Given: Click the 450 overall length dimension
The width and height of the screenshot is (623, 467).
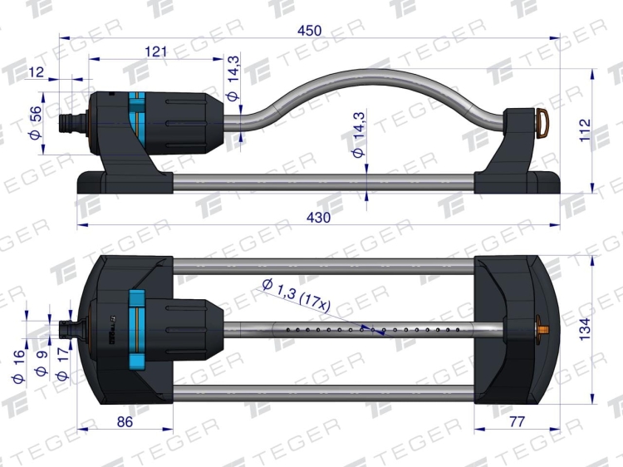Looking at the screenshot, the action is pyautogui.click(x=310, y=31).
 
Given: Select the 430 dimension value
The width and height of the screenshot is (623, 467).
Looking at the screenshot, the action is pyautogui.click(x=319, y=218).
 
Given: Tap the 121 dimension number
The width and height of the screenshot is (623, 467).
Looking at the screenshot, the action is pyautogui.click(x=156, y=52).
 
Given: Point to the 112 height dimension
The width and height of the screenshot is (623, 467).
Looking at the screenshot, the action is pyautogui.click(x=586, y=130).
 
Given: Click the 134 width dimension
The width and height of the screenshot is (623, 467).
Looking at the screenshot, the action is pyautogui.click(x=586, y=329).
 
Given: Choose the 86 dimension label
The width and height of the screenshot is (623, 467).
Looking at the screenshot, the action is pyautogui.click(x=125, y=422).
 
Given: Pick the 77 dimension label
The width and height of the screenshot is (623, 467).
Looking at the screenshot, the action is pyautogui.click(x=517, y=421).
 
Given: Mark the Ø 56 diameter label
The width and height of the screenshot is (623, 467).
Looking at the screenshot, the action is pyautogui.click(x=35, y=123).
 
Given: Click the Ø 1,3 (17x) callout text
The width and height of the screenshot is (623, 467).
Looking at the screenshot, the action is pyautogui.click(x=297, y=295).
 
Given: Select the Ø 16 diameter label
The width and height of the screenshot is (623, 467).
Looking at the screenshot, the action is pyautogui.click(x=18, y=366).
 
